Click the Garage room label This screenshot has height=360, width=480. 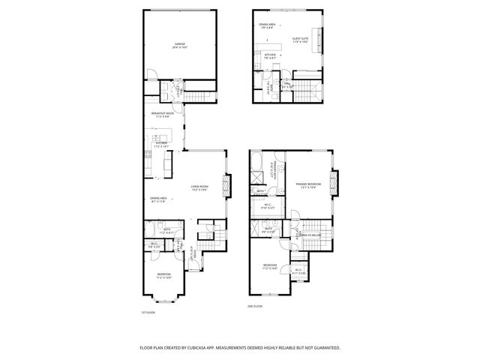180,44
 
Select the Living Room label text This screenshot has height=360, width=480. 199,187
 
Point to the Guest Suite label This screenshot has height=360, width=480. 300,40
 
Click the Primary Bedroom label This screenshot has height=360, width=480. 307,184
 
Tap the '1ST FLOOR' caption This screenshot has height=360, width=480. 148,312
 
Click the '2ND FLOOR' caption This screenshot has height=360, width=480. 256,306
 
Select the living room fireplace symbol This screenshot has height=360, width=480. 227,187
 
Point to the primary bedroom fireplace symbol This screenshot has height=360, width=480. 335,184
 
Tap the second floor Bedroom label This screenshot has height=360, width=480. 271,266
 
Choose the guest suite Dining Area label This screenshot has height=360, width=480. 268,26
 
